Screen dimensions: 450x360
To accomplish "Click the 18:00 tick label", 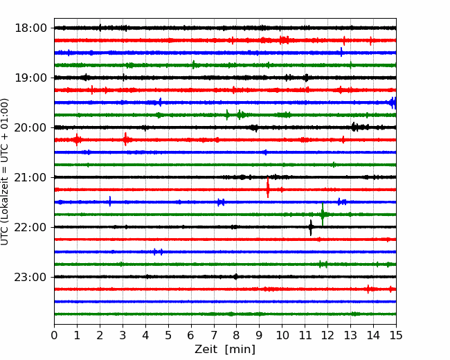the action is point(30,28).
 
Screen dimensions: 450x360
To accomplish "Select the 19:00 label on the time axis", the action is point(30,78).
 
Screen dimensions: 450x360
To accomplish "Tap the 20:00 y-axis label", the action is point(30,127).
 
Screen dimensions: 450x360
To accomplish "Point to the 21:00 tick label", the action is point(30,177).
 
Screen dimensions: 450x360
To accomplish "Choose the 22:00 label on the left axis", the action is point(30,227).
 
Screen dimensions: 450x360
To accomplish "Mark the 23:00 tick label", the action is point(30,277).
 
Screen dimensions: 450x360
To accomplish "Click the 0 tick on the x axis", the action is point(54,335).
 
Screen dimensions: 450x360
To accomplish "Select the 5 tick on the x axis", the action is point(168,335).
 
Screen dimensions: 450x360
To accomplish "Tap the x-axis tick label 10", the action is point(282,335).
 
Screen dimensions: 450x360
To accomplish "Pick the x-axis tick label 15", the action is point(396,335).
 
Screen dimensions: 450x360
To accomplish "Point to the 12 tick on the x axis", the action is point(327,335).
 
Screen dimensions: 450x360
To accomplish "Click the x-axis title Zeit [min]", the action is point(225,350).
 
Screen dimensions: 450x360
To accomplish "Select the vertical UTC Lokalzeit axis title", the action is point(5,172).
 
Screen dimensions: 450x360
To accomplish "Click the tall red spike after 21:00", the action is point(268,188).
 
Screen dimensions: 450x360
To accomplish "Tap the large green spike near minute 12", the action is point(323,214).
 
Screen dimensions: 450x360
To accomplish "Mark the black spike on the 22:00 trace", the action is point(311,227).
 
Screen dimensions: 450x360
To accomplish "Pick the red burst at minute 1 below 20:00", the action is point(77,140).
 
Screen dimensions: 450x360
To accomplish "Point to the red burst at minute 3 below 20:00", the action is point(125,140).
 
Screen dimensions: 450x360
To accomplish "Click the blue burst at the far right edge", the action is point(393,102).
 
